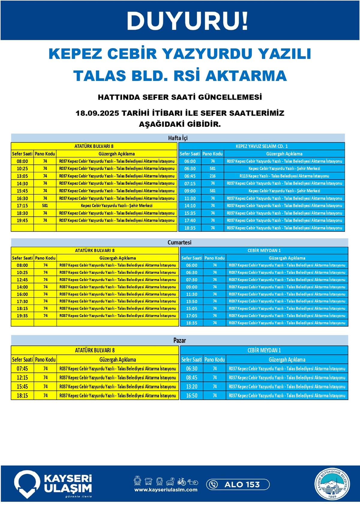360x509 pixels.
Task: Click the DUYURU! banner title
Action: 187,21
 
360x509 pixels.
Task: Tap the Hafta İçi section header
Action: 178,138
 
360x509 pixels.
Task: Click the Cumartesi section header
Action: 179,242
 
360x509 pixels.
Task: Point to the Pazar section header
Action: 179,340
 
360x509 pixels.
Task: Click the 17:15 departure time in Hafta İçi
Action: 22,206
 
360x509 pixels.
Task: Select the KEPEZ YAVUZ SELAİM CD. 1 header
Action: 262,146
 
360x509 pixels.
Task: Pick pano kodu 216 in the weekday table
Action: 213,176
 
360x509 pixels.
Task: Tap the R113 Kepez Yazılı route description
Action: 284,176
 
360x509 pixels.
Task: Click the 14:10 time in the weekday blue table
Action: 190,206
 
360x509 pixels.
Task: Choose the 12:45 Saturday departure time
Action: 22,280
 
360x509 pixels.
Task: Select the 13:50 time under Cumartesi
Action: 192,301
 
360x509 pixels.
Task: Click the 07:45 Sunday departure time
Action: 22,369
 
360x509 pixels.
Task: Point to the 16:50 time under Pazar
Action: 192,396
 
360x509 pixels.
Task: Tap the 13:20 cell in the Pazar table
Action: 192,387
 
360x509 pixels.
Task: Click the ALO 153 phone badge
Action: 238,484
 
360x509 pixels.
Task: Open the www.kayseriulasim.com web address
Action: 166,490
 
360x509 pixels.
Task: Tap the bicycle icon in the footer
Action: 181,482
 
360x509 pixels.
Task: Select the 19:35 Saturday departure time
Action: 22,316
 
